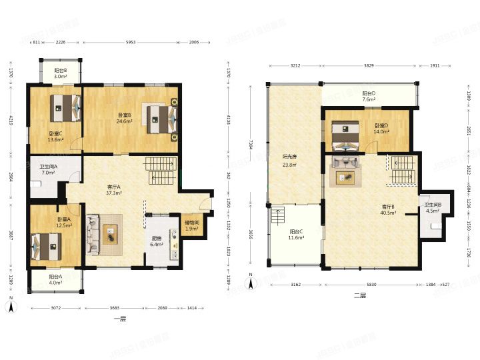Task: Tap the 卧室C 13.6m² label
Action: pyautogui.click(x=55, y=137)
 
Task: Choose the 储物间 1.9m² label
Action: pyautogui.click(x=191, y=226)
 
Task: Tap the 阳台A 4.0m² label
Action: pyautogui.click(x=55, y=280)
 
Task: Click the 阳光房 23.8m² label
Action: pyautogui.click(x=289, y=161)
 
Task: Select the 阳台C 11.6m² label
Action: pyautogui.click(x=297, y=235)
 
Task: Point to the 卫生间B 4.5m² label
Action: pyautogui.click(x=431, y=207)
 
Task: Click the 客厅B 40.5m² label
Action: pyautogui.click(x=388, y=210)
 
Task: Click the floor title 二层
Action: pyautogui.click(x=360, y=295)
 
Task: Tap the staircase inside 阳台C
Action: pyautogui.click(x=279, y=215)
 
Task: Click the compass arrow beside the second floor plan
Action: pyautogui.click(x=249, y=283)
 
